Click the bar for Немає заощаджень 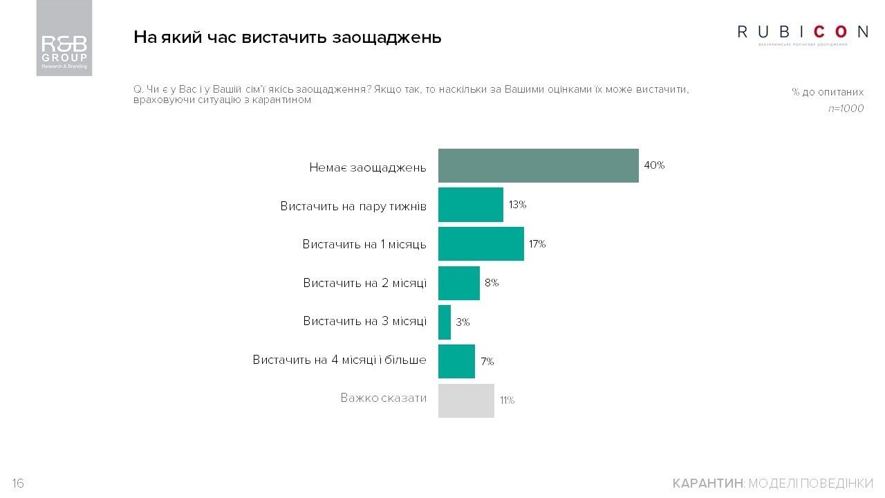tap(538, 166)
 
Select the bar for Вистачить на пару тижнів tap(471, 205)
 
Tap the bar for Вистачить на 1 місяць tap(481, 244)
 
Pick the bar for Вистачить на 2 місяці tap(458, 283)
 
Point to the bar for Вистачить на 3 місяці tap(445, 322)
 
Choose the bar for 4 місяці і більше tap(456, 361)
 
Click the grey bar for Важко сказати tap(466, 400)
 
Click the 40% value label tap(654, 166)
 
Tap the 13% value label tap(518, 205)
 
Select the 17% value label tap(537, 244)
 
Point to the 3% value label tap(463, 322)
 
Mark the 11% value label tap(507, 400)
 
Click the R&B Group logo tap(64, 38)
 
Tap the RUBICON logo tap(803, 33)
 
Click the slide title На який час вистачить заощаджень tap(287, 37)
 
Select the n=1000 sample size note tap(846, 109)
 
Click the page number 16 tap(18, 483)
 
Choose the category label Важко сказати tap(383, 398)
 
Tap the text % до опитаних tap(828, 92)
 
